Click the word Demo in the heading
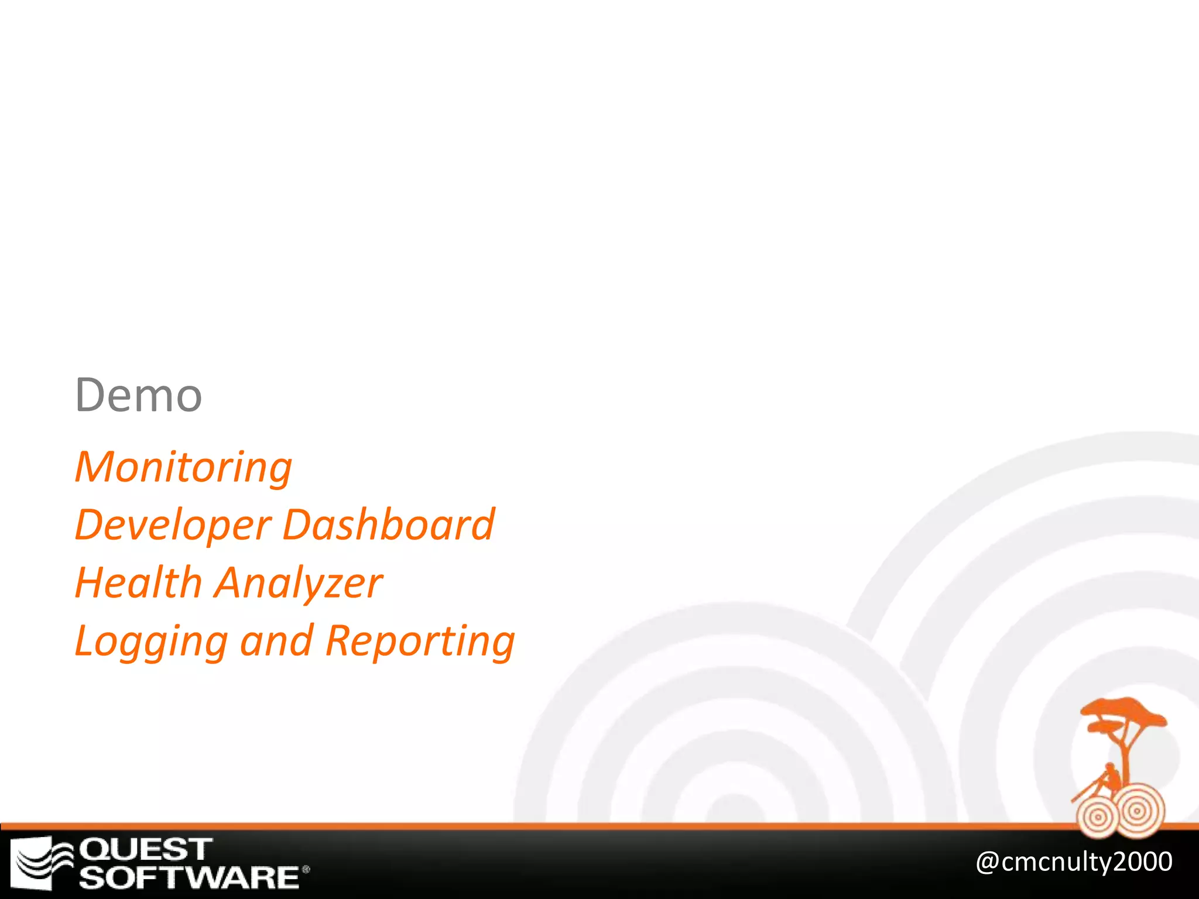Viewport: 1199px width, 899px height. [x=139, y=396]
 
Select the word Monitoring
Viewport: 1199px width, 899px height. [x=183, y=468]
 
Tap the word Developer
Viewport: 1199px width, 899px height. [x=173, y=526]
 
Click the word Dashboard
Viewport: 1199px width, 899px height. [x=389, y=524]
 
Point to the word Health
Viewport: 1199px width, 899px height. [x=139, y=583]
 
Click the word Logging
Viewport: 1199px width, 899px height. [x=151, y=641]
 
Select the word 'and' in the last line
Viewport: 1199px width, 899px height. [x=276, y=640]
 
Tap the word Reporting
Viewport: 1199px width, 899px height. [x=420, y=641]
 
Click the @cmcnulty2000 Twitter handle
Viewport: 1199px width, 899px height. [x=1074, y=862]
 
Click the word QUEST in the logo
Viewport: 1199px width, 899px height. [x=145, y=850]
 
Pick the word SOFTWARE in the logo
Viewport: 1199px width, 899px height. [x=190, y=877]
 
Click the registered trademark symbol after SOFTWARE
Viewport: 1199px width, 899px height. [x=306, y=870]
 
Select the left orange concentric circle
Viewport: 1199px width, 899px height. [x=1098, y=817]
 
